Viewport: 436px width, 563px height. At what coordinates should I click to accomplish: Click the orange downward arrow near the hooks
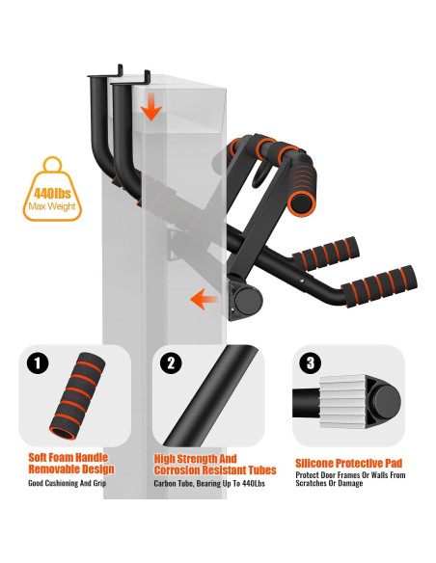[x=151, y=107]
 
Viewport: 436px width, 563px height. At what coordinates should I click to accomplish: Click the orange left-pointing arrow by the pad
[x=204, y=299]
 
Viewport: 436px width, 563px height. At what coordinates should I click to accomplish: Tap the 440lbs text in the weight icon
[x=52, y=194]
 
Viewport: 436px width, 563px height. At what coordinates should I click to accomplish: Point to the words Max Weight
[x=52, y=206]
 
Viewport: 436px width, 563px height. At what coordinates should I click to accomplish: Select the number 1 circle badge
[x=38, y=363]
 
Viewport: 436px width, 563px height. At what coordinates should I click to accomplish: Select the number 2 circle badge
[x=171, y=363]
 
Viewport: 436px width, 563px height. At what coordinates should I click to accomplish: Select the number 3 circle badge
[x=311, y=363]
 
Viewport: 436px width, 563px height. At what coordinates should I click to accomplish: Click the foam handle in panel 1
[x=77, y=395]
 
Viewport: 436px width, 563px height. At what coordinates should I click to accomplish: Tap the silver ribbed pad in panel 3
[x=343, y=401]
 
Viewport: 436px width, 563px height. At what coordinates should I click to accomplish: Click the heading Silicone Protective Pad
[x=348, y=463]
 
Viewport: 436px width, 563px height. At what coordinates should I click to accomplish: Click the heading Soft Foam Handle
[x=68, y=457]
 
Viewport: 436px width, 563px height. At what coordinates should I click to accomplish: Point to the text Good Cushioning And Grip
[x=68, y=483]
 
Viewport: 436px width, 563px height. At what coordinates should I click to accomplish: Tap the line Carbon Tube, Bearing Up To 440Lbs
[x=209, y=483]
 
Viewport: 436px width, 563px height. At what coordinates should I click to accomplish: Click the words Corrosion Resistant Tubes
[x=215, y=470]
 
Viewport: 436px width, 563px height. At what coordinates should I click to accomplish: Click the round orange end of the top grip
[x=302, y=204]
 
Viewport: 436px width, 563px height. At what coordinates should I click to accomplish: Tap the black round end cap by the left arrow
[x=248, y=300]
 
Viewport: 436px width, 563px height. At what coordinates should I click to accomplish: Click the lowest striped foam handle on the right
[x=379, y=286]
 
